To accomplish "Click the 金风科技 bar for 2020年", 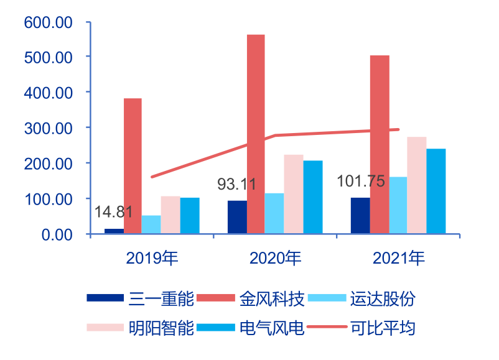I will click(256, 134).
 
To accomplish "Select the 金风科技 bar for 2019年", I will click(133, 166).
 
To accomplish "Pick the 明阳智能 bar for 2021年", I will click(417, 185).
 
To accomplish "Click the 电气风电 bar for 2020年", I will click(312, 197).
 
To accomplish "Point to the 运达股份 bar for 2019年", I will click(151, 224).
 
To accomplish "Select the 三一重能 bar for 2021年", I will click(360, 216).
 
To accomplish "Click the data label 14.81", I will click(113, 211).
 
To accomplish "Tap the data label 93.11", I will click(236, 184).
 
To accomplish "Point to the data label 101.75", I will click(361, 182).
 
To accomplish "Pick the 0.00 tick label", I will click(56, 234).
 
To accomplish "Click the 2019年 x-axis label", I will click(151, 258).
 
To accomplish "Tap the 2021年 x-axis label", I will click(399, 258).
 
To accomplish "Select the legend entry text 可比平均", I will click(383, 327).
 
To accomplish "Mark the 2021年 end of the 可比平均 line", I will click(398, 129).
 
